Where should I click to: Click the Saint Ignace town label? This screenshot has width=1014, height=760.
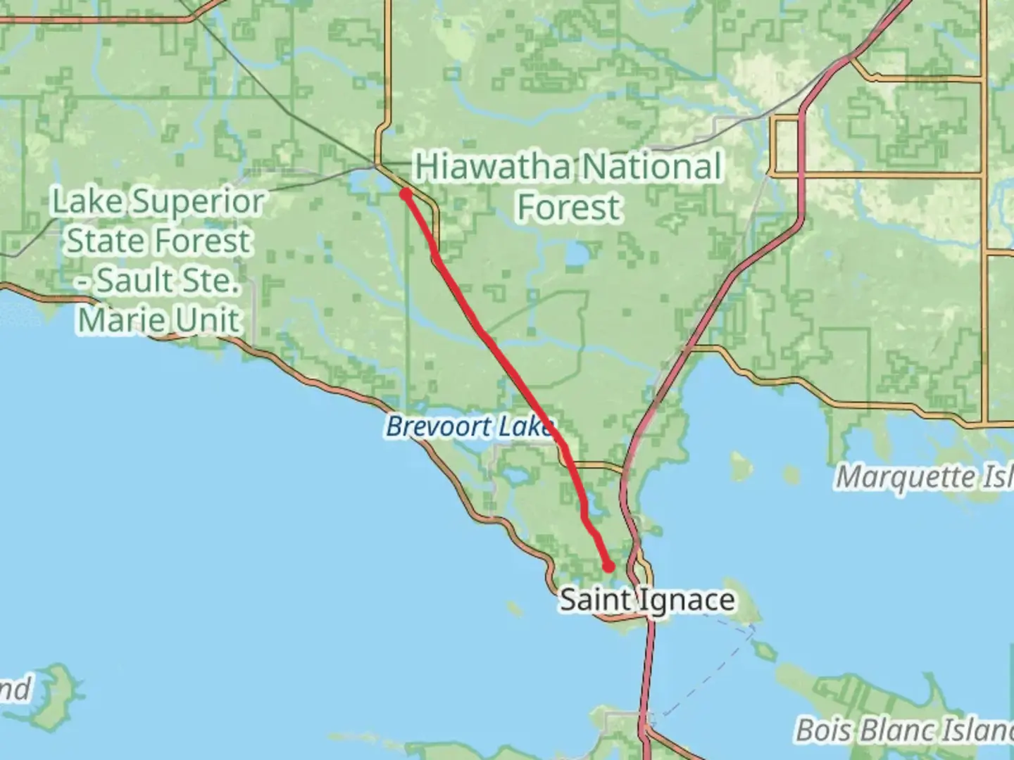[647, 600]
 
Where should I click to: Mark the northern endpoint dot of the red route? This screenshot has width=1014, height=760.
[406, 194]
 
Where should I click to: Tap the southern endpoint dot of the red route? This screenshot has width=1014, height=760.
[608, 566]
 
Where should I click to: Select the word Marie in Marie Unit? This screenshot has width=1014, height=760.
[114, 320]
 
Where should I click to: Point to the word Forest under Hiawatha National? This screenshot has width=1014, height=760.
[569, 208]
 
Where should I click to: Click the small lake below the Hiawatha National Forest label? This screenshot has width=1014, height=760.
[576, 255]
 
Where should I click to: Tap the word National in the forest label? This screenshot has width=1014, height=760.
[652, 167]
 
